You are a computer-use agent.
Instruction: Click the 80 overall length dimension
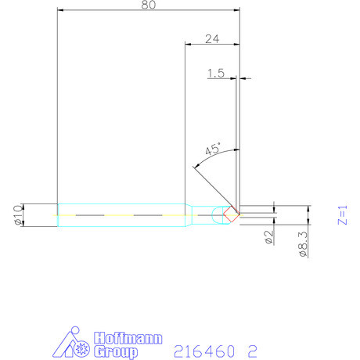149,5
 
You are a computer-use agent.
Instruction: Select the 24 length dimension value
212,39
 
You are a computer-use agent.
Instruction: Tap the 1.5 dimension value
216,74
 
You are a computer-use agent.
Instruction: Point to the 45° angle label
213,149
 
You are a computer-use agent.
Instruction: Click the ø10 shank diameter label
18,215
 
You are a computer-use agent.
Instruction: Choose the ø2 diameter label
269,237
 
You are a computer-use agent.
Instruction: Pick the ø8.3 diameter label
304,244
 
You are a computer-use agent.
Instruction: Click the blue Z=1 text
343,215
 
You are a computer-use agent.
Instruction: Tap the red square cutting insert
232,214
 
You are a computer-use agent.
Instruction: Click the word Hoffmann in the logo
128,338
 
